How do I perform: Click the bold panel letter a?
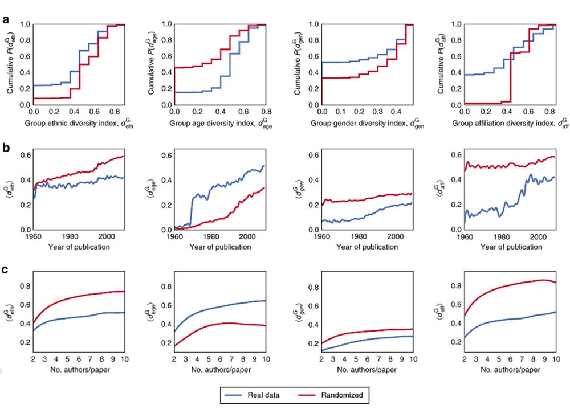(x=6, y=20)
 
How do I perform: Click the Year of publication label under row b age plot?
(x=221, y=247)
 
